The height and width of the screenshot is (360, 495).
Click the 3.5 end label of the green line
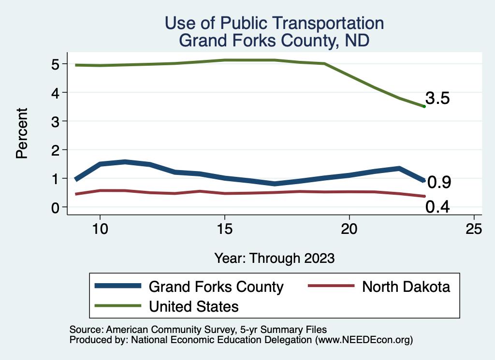pyautogui.click(x=437, y=99)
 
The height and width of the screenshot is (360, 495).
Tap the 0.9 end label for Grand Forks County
pyautogui.click(x=439, y=182)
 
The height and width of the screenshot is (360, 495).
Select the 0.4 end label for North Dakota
pyautogui.click(x=437, y=207)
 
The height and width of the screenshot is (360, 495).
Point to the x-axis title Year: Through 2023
pyautogui.click(x=275, y=258)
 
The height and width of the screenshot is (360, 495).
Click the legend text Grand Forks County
pyautogui.click(x=216, y=287)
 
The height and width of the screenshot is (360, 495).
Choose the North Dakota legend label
pyautogui.click(x=406, y=287)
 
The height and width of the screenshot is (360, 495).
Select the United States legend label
pyautogui.click(x=194, y=306)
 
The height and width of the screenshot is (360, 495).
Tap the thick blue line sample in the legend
pyautogui.click(x=118, y=286)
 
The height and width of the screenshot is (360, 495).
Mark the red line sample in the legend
pyautogui.click(x=332, y=286)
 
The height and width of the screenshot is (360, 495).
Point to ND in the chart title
pyautogui.click(x=357, y=41)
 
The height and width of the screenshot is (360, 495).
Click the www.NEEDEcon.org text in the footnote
pyautogui.click(x=363, y=340)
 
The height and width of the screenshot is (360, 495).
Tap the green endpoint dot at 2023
pyautogui.click(x=424, y=106)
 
